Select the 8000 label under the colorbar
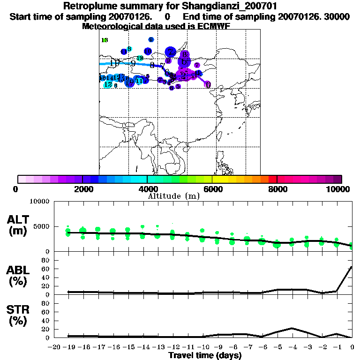(277, 189)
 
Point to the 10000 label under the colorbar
(339, 189)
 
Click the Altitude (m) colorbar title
(173, 196)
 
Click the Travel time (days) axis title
(205, 356)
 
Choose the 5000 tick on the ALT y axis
(43, 226)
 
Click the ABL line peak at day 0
(352, 267)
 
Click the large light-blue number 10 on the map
(114, 63)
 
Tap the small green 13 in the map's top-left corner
(105, 40)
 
